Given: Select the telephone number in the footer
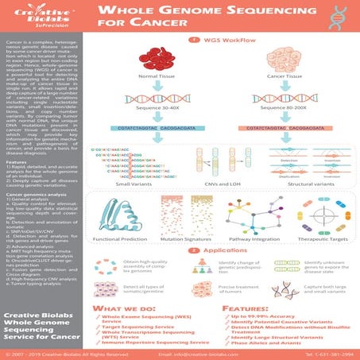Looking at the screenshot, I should pyautogui.click(x=327, y=354).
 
